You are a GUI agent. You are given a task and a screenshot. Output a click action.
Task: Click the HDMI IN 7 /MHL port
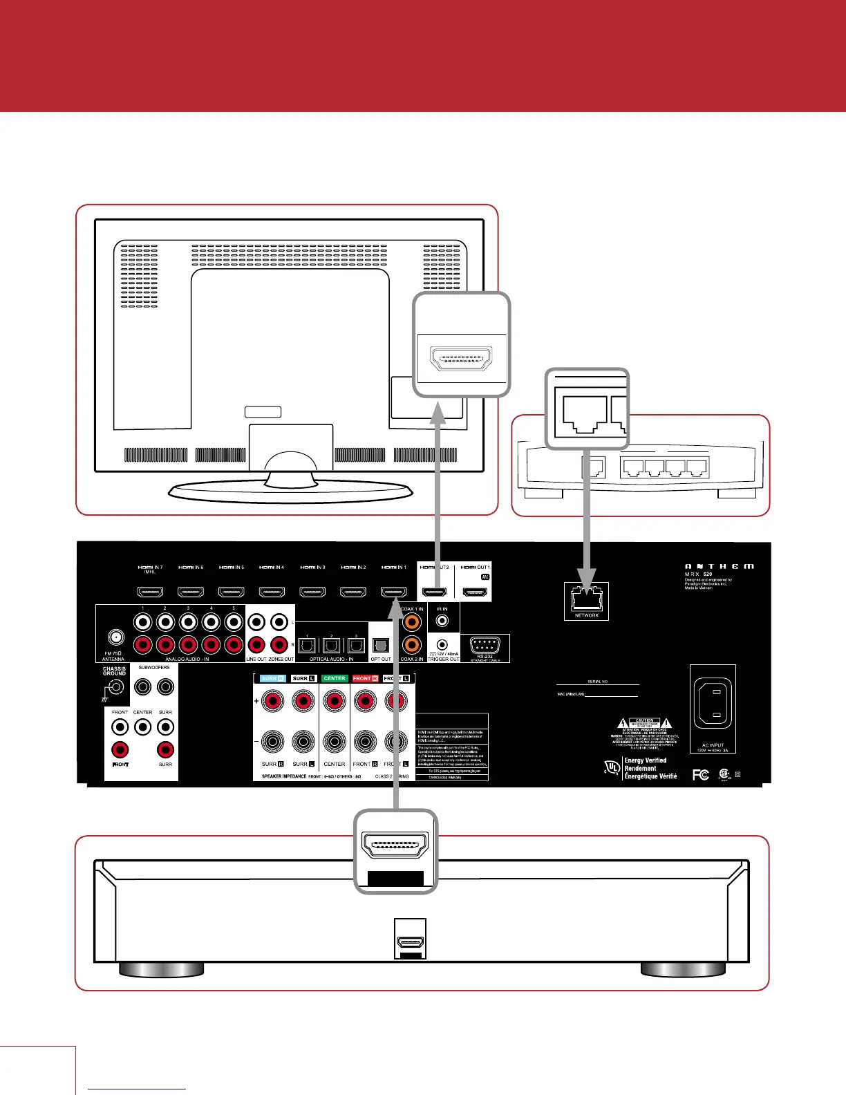[150, 592]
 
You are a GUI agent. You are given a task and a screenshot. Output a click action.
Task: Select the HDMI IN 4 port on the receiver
[272, 592]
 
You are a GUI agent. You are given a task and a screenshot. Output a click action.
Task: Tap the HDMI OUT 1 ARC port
[475, 592]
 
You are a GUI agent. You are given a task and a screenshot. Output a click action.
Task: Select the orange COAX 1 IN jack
[411, 621]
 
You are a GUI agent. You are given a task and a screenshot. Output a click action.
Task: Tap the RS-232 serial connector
[485, 646]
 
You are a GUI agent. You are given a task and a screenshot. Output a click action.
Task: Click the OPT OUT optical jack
[380, 645]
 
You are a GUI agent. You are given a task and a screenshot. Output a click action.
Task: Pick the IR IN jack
[442, 621]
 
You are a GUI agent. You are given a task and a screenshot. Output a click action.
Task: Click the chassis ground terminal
[114, 687]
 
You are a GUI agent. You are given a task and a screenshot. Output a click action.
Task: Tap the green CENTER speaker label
[335, 678]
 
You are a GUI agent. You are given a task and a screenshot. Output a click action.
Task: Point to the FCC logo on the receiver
[700, 775]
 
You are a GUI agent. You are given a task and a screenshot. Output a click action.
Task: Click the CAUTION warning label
[644, 720]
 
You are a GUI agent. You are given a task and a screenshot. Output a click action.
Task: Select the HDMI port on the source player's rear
[410, 942]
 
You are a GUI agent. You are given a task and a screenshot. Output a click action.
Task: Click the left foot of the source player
[161, 969]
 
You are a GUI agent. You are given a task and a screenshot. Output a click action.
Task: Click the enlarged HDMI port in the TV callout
[461, 359]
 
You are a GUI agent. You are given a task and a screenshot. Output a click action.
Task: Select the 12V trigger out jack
[442, 645]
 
